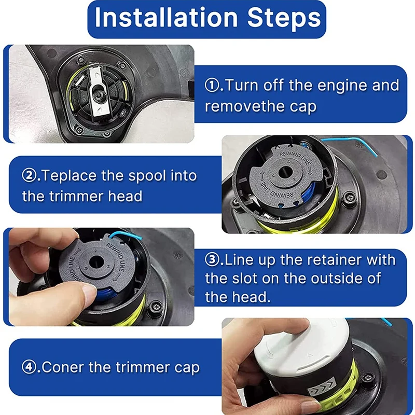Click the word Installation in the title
click(x=166, y=18)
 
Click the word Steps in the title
click(x=284, y=18)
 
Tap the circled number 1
click(x=212, y=85)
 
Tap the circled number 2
click(x=29, y=175)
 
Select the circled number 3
click(x=212, y=260)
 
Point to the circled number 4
click(x=29, y=367)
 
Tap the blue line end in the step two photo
click(x=376, y=155)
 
